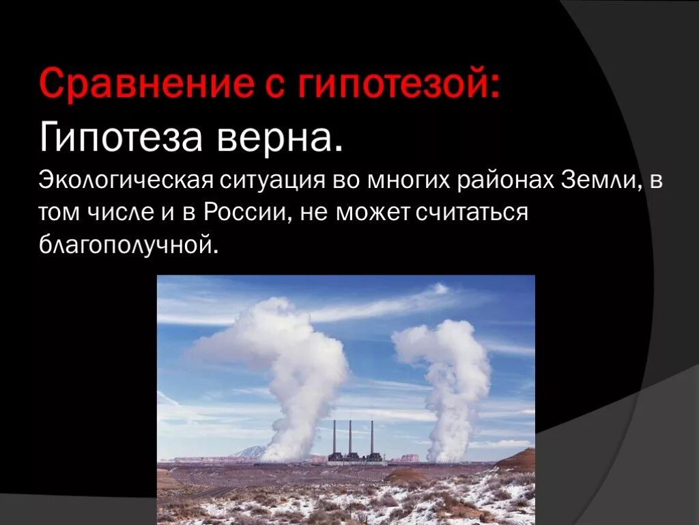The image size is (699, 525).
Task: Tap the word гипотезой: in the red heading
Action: pos(399,85)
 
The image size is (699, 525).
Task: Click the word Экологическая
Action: pos(125,181)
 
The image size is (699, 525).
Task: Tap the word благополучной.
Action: pos(130,244)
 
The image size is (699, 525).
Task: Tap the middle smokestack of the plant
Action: pos(350,437)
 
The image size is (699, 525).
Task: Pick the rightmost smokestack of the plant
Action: pos(372,437)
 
